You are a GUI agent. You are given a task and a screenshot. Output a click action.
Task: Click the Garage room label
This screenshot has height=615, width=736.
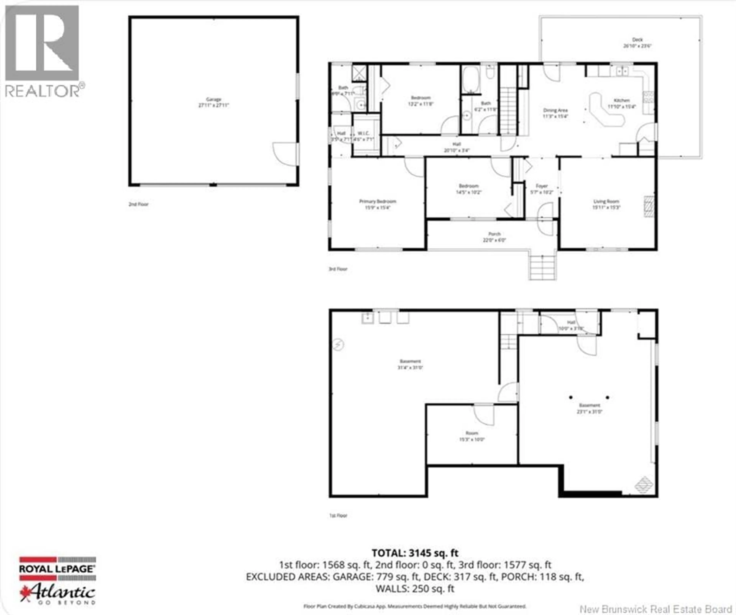[214, 102]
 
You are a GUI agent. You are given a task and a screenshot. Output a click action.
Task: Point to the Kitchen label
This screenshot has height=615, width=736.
[621, 103]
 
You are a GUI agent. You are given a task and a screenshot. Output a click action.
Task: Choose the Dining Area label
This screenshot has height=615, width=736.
[555, 113]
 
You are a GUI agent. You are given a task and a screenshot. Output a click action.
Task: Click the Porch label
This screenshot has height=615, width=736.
[494, 236]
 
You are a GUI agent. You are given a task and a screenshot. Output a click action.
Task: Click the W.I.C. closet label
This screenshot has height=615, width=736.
[363, 136]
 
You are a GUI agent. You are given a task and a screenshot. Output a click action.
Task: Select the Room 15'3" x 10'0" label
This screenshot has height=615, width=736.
[472, 436]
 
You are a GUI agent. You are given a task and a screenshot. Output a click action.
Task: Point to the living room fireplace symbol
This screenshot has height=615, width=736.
[649, 206]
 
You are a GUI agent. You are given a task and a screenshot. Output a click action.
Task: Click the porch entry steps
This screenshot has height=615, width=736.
[542, 267]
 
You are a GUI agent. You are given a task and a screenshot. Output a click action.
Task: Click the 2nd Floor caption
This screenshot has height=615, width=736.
[138, 204]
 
